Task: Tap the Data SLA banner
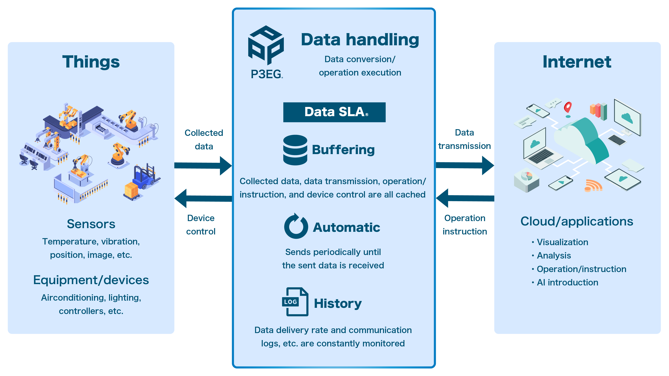click(334, 112)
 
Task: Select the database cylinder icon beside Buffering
click(295, 150)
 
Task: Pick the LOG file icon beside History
click(295, 302)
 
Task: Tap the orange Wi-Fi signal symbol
click(593, 185)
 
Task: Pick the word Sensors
click(91, 224)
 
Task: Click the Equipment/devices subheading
click(91, 280)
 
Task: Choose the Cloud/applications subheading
click(577, 221)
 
